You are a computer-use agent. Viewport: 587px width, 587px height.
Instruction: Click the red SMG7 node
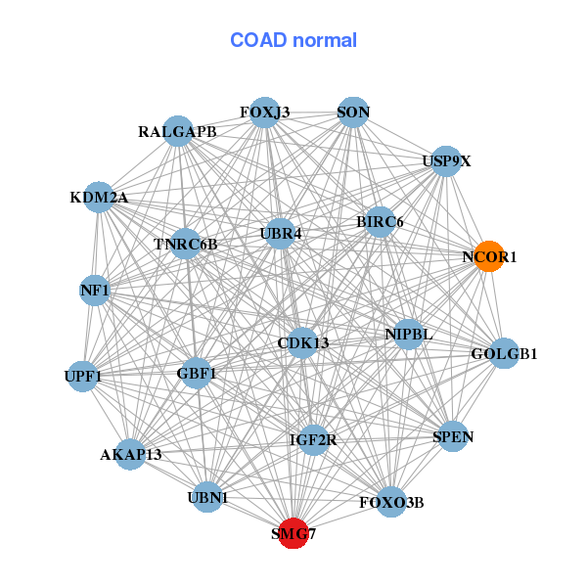293,533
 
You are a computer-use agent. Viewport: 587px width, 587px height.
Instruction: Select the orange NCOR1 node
489,256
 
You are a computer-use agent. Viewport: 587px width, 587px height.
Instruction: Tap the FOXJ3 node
264,113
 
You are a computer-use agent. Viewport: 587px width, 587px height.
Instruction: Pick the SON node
353,113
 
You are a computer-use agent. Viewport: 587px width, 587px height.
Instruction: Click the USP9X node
446,161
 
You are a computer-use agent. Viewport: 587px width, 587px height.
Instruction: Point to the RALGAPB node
177,131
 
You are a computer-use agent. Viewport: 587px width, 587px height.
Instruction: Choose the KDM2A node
99,198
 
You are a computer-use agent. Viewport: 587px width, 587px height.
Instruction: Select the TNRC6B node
186,243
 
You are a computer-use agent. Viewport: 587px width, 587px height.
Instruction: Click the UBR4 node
281,234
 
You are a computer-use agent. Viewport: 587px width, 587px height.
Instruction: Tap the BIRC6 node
380,222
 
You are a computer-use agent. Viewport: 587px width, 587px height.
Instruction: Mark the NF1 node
95,291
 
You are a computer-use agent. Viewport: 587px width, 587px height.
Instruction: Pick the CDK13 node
303,342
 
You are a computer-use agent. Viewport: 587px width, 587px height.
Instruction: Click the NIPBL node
409,334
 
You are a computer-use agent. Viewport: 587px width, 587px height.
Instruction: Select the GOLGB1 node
504,353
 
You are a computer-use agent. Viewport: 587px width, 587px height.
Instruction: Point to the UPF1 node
83,376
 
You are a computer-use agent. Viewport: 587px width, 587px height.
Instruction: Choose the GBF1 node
197,373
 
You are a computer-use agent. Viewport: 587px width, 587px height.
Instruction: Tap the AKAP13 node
130,454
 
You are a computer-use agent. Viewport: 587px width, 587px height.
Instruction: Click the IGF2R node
312,440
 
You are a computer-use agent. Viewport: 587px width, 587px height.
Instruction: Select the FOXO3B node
391,503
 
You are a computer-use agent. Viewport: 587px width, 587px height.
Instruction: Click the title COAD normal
293,41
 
